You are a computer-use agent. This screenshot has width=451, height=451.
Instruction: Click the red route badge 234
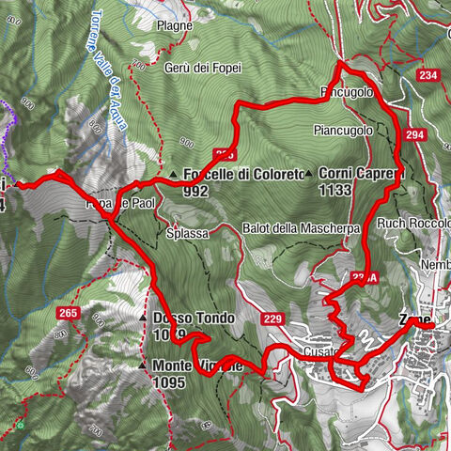tap(431, 75)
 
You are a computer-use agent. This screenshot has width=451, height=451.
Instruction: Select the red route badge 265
tap(67, 312)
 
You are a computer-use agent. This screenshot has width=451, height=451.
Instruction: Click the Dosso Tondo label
tap(192, 318)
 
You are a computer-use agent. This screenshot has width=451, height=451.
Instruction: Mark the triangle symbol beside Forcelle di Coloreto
tap(174, 174)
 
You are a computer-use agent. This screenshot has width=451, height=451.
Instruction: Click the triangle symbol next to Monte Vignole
tap(142, 365)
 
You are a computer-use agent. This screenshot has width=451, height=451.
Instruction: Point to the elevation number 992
tap(196, 190)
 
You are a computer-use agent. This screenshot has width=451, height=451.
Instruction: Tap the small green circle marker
tap(19, 426)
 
